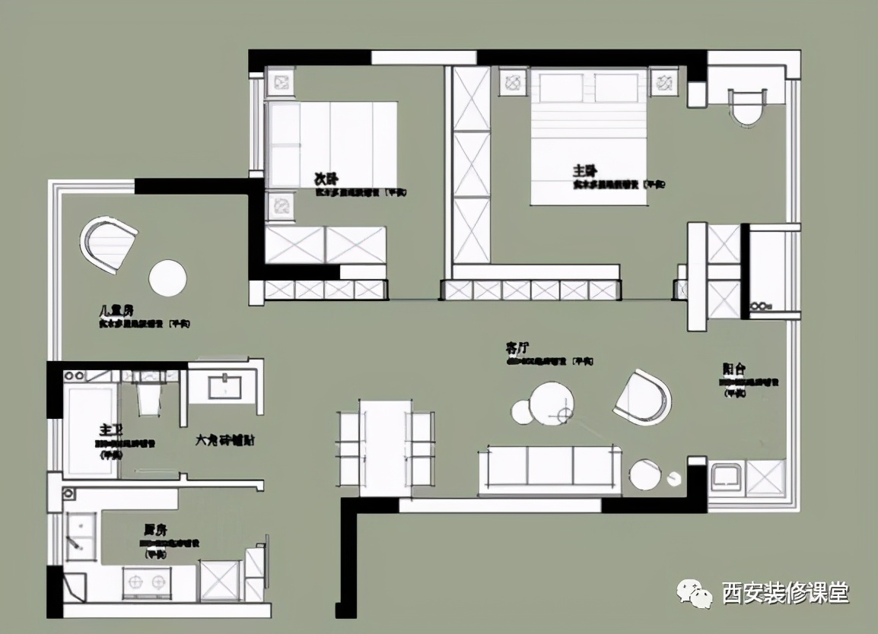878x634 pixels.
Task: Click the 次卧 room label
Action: [x=326, y=179]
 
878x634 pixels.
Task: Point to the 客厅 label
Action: [x=517, y=348]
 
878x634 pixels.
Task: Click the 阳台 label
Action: [x=733, y=369]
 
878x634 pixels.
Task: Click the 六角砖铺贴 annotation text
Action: [x=225, y=440]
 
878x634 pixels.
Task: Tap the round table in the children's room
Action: [x=167, y=278]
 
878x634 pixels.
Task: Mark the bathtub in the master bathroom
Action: [x=91, y=430]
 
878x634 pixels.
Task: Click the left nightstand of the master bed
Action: [x=513, y=81]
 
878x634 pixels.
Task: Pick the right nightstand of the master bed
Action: [x=663, y=81]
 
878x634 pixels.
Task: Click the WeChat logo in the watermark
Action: [x=694, y=591]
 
